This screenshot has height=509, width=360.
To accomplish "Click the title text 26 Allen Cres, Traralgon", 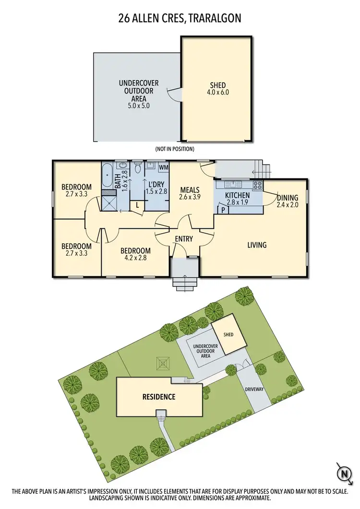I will pos(180,19).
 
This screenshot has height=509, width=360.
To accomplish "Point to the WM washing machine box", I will pos(163,167).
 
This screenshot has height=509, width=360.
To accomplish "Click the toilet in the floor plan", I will pos(138,169).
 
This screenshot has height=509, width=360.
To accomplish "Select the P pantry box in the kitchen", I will pos(223,209).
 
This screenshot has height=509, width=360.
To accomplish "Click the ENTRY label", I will pos(184,239).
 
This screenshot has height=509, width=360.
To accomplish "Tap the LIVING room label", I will pos(257,245).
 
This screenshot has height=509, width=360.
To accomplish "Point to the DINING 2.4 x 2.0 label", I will pos(288,201).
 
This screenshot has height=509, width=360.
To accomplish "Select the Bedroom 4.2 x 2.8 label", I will pos(135,254).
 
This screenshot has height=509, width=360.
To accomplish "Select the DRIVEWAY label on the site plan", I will pos(254,390).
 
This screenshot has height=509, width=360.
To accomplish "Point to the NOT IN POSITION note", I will pos(175,149).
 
